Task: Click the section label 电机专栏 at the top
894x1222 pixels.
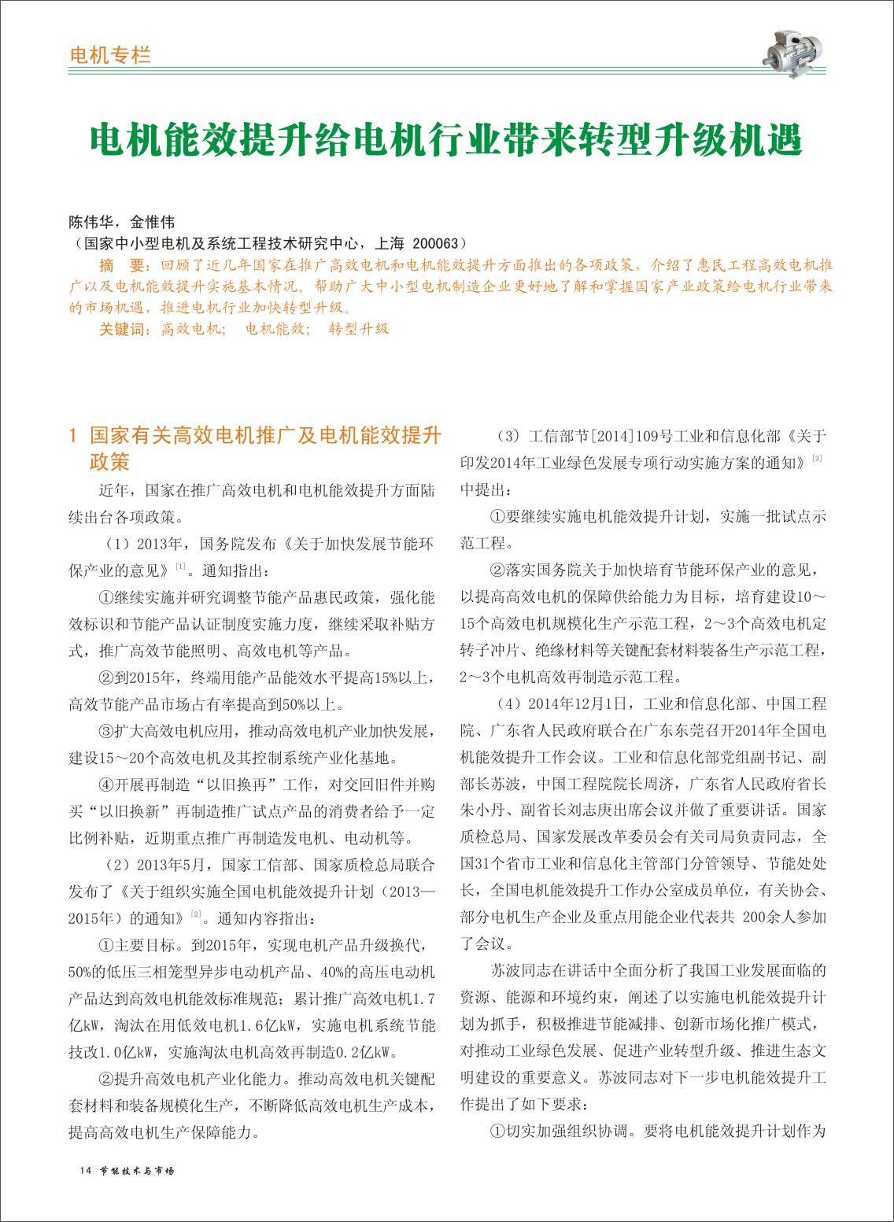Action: click(x=110, y=55)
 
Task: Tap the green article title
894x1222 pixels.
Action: click(x=446, y=141)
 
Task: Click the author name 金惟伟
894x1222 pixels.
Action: click(x=153, y=222)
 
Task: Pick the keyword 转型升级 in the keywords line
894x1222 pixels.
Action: click(x=359, y=329)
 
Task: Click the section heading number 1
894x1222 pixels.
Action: click(x=73, y=435)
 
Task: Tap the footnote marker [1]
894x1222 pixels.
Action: click(x=181, y=566)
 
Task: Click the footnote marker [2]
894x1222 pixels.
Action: click(x=196, y=914)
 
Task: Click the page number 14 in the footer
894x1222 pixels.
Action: click(x=87, y=1170)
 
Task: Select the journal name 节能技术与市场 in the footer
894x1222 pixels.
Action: click(x=138, y=1170)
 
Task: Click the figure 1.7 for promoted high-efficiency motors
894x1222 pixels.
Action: click(x=423, y=999)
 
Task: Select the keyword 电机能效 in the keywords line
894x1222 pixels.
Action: click(x=277, y=329)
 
